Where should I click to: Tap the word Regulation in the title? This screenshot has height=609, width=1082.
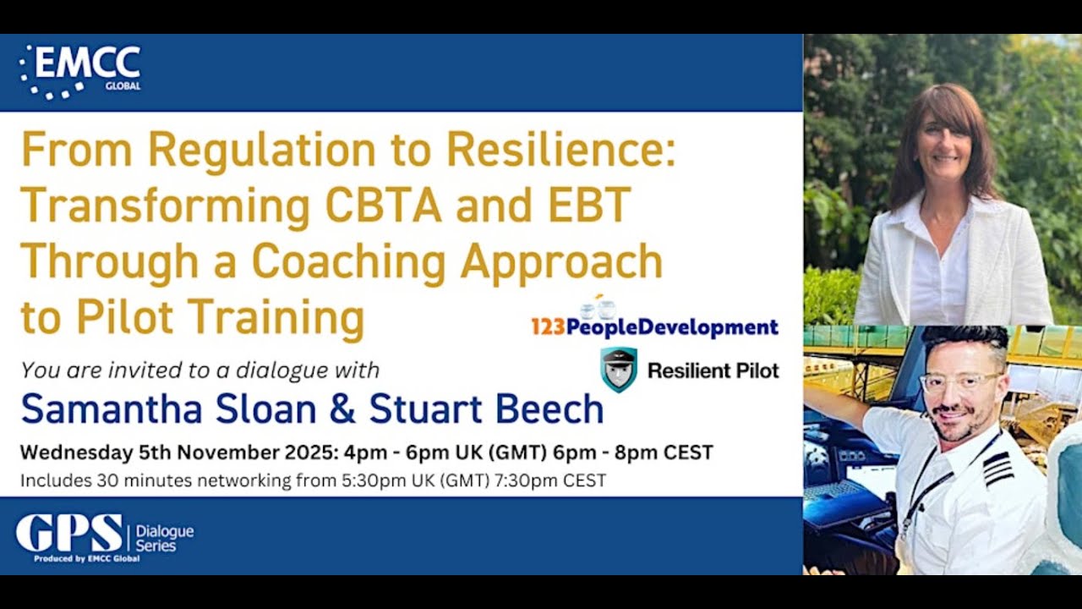click(x=261, y=151)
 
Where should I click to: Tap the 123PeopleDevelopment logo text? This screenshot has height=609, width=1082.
click(x=654, y=327)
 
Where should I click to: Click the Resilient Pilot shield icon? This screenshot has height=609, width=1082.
click(x=619, y=370)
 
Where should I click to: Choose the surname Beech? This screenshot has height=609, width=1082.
click(x=549, y=409)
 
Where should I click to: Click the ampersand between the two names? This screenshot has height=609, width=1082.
click(x=341, y=409)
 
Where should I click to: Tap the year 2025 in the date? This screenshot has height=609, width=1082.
click(x=303, y=453)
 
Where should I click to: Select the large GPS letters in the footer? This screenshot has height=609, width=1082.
click(x=69, y=533)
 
